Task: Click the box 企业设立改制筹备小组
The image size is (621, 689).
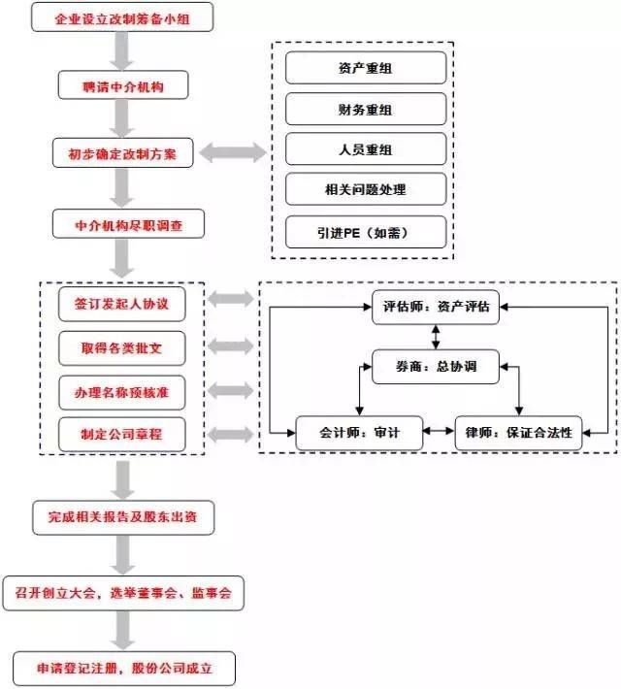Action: click(x=121, y=18)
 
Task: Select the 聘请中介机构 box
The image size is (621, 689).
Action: click(x=121, y=86)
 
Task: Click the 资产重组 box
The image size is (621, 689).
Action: click(x=366, y=68)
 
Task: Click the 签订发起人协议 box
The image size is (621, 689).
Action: click(x=121, y=303)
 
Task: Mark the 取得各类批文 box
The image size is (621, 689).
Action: click(x=121, y=346)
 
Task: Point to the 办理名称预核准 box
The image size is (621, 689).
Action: click(x=121, y=391)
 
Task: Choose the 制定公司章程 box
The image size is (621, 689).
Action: click(x=121, y=434)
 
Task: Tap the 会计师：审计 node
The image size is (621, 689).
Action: click(x=360, y=434)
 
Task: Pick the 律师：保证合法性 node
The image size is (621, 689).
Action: click(x=518, y=434)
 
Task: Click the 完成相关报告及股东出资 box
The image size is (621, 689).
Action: click(x=122, y=517)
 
